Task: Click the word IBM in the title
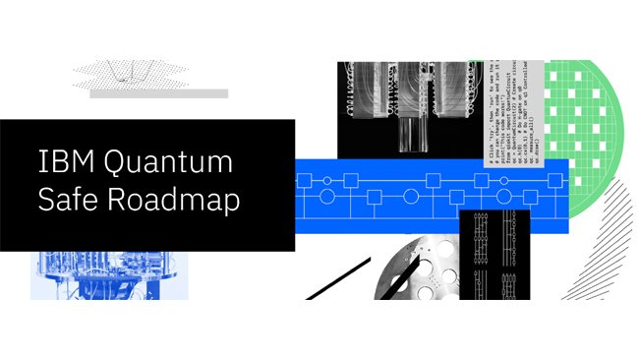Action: click(62, 159)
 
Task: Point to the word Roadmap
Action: click(179, 199)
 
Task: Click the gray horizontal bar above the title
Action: click(158, 93)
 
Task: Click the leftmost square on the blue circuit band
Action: click(305, 180)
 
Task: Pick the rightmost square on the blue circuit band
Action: click(554, 180)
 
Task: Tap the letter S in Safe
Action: click(46, 199)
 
